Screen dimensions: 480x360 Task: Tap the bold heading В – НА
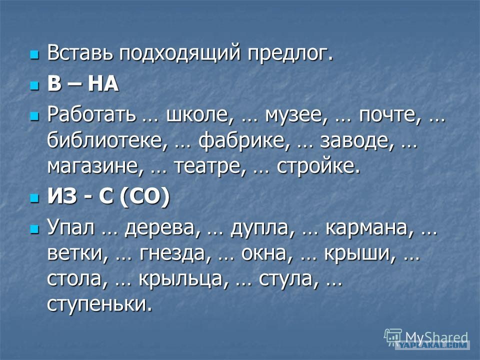click(x=83, y=83)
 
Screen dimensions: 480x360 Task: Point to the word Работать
click(x=91, y=115)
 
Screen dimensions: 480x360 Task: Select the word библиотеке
click(x=106, y=140)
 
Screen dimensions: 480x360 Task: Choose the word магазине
click(x=95, y=167)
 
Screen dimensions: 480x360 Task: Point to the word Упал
click(x=70, y=228)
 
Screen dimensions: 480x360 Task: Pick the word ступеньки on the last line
click(x=100, y=304)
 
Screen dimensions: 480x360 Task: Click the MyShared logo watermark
click(x=426, y=338)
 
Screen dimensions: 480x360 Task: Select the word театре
click(x=210, y=167)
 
